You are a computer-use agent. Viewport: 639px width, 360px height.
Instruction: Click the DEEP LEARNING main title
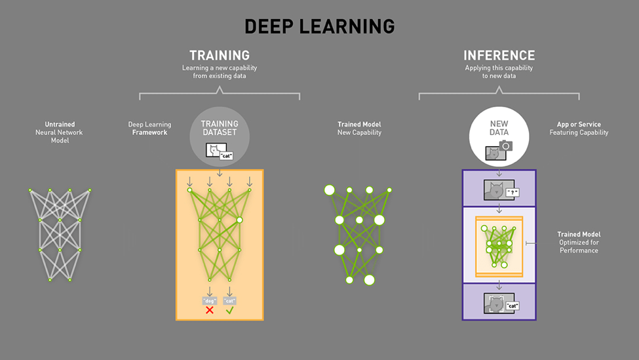(x=319, y=26)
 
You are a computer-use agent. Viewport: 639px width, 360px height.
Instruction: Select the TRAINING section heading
(x=220, y=56)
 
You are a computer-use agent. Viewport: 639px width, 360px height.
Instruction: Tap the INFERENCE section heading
(x=499, y=56)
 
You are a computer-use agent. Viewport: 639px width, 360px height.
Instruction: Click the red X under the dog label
(x=210, y=310)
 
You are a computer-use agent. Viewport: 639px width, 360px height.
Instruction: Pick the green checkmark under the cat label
(x=229, y=310)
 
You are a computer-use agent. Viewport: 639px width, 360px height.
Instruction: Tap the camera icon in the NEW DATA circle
(x=506, y=146)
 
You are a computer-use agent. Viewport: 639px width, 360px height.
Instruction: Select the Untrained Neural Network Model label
(x=60, y=132)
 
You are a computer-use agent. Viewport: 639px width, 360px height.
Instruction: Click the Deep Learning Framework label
(x=149, y=128)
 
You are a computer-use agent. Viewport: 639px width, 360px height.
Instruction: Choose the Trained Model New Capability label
(x=359, y=128)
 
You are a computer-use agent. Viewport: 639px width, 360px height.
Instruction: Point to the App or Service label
(x=579, y=128)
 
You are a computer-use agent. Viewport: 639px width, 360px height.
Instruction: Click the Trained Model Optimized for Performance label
(x=579, y=242)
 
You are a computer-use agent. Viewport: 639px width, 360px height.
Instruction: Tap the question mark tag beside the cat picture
(x=513, y=193)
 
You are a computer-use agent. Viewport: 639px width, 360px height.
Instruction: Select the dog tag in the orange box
(x=210, y=300)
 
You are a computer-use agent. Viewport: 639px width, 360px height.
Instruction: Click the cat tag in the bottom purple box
(x=513, y=306)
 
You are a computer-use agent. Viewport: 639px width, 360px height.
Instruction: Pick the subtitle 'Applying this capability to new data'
(x=499, y=71)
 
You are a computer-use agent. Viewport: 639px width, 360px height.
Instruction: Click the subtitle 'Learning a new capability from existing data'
(x=220, y=71)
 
